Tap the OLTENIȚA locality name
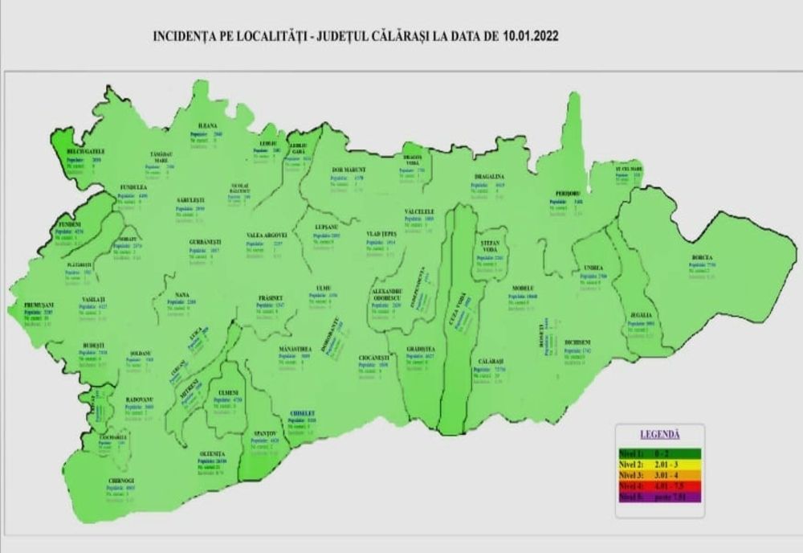tap(214, 454)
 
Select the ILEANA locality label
tap(208, 126)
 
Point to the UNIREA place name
tap(594, 268)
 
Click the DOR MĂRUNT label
tap(349, 170)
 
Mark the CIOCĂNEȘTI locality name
tap(375, 357)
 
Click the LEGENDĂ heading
tap(659, 433)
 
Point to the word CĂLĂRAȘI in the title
tap(404, 36)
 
